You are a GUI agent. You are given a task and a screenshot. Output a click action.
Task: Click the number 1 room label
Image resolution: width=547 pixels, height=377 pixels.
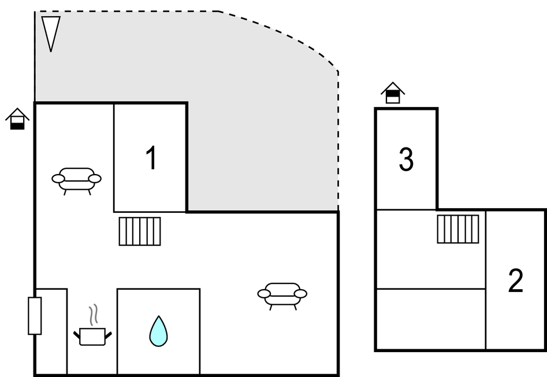click(x=151, y=158)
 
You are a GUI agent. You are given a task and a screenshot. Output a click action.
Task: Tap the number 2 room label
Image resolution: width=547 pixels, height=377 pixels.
click(x=515, y=281)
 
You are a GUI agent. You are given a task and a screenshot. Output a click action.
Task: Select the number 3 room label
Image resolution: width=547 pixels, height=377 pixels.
click(x=406, y=160)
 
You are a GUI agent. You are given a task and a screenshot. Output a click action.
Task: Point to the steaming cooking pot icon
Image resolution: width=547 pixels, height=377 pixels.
click(x=92, y=335)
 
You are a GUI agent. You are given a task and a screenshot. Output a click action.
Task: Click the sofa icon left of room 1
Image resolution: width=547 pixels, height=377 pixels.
click(x=77, y=179)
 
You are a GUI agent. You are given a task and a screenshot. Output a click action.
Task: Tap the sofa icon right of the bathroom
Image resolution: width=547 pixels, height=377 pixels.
click(x=282, y=294)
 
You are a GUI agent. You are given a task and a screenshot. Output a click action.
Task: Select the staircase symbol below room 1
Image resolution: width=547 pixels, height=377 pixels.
click(x=140, y=231)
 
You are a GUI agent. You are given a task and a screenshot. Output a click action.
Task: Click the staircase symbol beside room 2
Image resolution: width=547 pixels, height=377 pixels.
click(x=457, y=229)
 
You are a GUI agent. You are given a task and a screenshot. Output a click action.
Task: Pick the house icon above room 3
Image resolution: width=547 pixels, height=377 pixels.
click(x=393, y=93)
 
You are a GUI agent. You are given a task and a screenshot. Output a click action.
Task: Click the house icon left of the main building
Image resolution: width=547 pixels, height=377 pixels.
click(x=17, y=119)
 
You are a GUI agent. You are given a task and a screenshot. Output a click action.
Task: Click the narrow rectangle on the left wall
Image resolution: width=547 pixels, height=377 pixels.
click(x=35, y=316)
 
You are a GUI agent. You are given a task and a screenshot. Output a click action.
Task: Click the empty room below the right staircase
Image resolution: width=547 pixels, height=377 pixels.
click(x=430, y=319)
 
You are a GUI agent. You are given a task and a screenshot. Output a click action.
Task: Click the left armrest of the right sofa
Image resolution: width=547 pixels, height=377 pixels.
click(x=264, y=294)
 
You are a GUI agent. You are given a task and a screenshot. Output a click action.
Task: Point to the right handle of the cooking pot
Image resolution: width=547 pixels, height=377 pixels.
click(x=107, y=335)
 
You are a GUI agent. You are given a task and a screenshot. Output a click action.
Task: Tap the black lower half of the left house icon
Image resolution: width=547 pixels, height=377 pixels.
click(x=17, y=125)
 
